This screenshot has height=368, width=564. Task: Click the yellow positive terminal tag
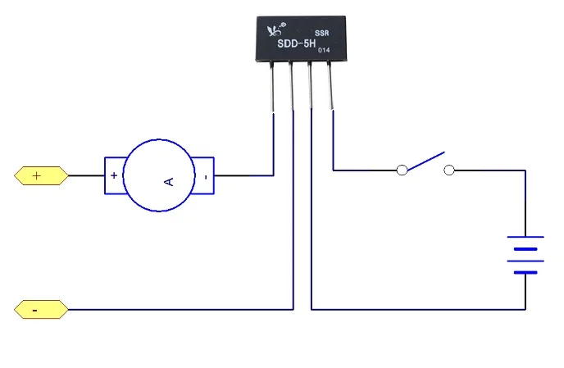click(x=39, y=175)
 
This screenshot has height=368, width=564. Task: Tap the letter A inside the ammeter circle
click(x=169, y=176)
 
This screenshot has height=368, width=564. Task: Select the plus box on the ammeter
click(x=113, y=175)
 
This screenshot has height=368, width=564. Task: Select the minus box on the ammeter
click(x=206, y=175)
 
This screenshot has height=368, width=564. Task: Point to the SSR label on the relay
click(x=321, y=34)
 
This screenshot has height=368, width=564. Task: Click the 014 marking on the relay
click(x=324, y=51)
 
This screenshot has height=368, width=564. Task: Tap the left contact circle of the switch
click(x=402, y=170)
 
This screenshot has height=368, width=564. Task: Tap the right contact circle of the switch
click(x=448, y=170)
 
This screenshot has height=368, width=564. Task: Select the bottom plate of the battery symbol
click(x=525, y=272)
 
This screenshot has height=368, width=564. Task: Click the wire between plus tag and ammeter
click(x=85, y=175)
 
